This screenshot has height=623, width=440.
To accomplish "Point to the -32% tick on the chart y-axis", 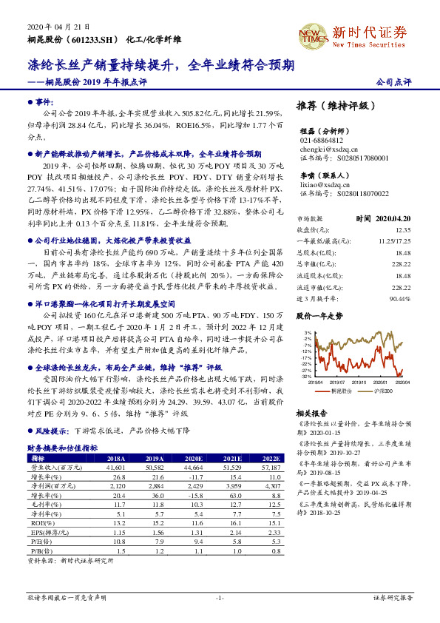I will click(x=305, y=377).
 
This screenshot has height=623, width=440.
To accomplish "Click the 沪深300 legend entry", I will click(x=382, y=389).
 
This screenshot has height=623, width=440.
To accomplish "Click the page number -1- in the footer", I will click(x=220, y=597).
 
